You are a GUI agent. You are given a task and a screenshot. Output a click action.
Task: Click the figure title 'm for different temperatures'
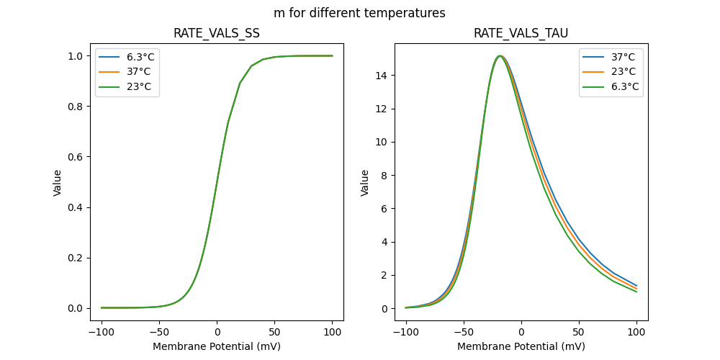pos(359,13)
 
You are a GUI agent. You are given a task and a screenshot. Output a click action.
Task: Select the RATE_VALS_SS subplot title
pos(217,34)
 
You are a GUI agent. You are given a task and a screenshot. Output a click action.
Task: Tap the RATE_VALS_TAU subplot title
pos(521,34)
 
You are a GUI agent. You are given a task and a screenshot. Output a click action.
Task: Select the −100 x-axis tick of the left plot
pos(102,333)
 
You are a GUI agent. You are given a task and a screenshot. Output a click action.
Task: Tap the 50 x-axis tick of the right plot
pos(579,333)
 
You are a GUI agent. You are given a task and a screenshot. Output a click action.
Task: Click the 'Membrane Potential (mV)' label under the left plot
pos(217,346)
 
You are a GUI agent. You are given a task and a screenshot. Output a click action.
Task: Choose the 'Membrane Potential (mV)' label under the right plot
pos(521,346)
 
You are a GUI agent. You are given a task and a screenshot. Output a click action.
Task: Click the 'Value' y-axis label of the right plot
pos(365,182)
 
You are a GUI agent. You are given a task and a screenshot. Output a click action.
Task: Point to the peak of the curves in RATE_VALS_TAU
pos(500,55)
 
